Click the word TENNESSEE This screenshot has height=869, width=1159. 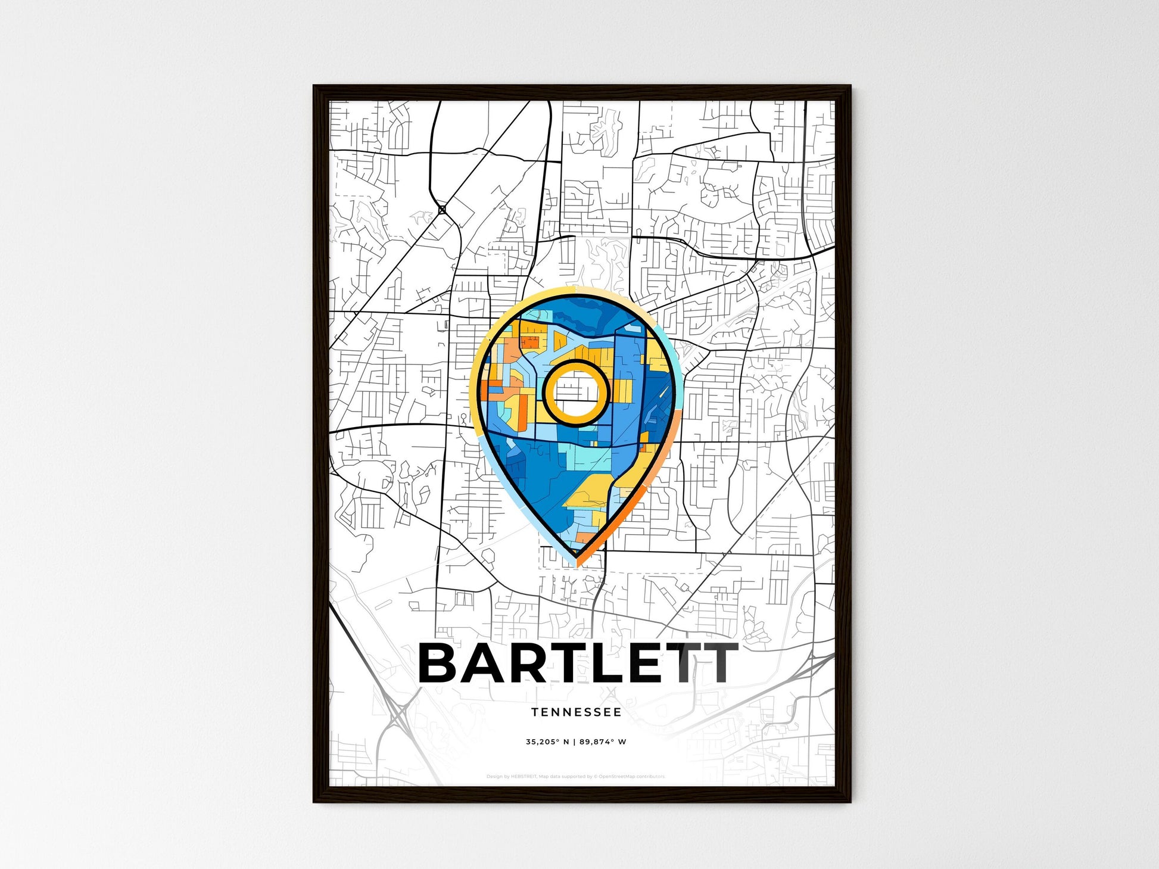[x=576, y=712]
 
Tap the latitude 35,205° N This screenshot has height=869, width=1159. [x=547, y=742]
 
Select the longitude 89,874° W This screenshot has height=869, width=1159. [x=603, y=742]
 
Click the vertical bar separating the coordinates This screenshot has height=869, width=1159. [x=574, y=742]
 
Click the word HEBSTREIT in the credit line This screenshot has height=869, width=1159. [x=524, y=777]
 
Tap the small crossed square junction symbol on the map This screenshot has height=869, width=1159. [x=442, y=210]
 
